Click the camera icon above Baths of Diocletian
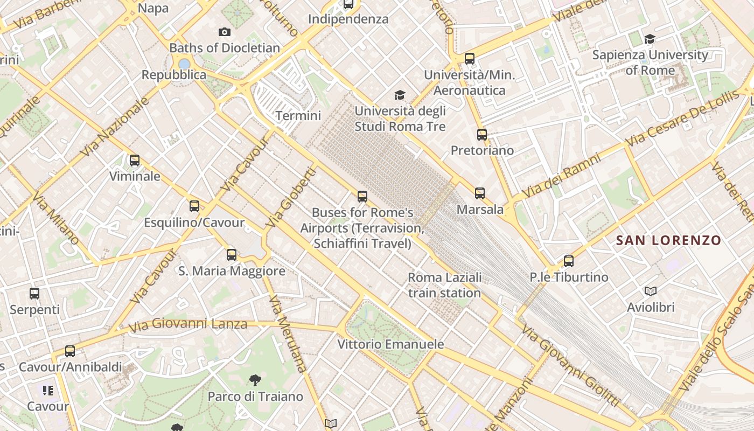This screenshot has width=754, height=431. (x=225, y=32)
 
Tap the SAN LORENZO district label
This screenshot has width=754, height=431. (x=668, y=240)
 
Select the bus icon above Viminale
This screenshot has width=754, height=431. (x=135, y=161)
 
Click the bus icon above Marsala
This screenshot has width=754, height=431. (x=480, y=193)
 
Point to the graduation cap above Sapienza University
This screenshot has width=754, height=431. (x=650, y=39)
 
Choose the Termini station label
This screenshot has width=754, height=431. (x=298, y=116)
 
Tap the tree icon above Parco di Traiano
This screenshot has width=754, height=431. (x=255, y=381)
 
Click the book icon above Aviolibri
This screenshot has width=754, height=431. (x=651, y=291)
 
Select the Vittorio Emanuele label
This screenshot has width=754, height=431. (x=390, y=344)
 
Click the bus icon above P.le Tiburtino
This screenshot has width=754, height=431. (x=569, y=261)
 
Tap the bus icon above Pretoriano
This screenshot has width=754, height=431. (x=482, y=135)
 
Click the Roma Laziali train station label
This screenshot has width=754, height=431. (x=444, y=286)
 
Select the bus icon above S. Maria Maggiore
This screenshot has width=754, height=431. (x=232, y=255)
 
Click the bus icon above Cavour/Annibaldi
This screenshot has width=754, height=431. (x=70, y=351)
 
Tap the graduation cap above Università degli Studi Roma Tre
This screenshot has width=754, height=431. (x=400, y=95)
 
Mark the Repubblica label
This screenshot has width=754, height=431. (x=174, y=75)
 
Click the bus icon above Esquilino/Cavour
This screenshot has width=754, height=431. (x=194, y=206)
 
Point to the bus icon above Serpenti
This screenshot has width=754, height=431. (x=34, y=294)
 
